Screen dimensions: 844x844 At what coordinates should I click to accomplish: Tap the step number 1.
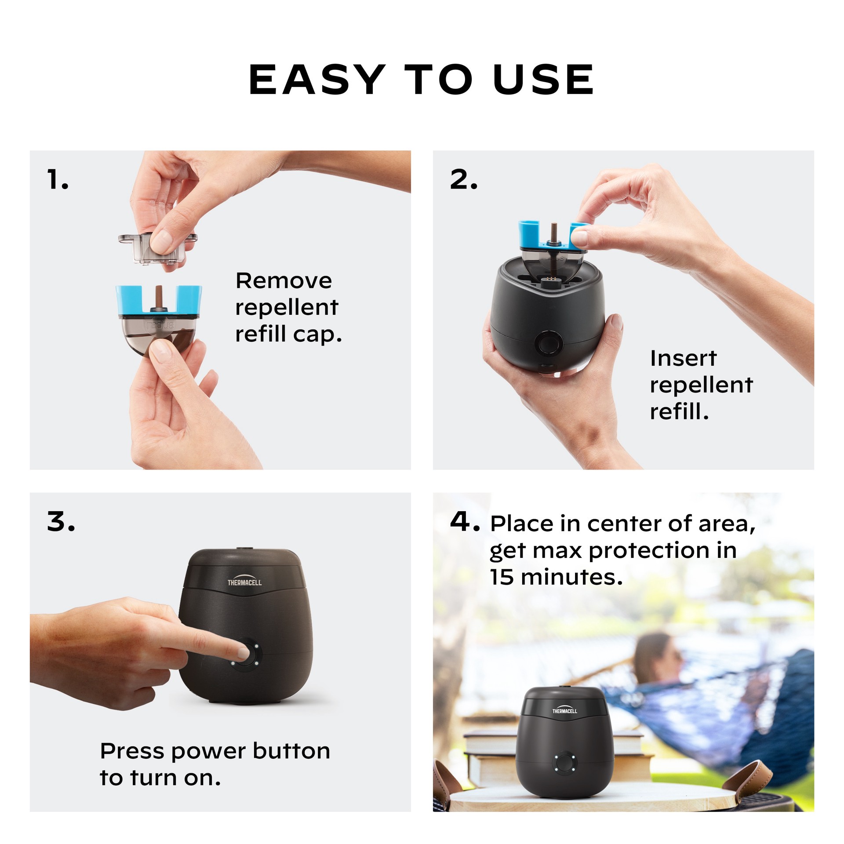[x=57, y=180]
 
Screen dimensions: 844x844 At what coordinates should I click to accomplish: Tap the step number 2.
[x=463, y=180]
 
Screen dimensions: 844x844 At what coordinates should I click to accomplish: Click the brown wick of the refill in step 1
[x=159, y=298]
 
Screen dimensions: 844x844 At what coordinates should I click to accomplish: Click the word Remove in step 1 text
[x=284, y=281]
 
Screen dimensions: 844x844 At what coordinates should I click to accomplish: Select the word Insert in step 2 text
[x=683, y=358]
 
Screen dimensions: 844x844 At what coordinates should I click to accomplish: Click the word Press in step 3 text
[x=132, y=751]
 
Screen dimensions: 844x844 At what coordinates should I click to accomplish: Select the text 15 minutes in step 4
[x=556, y=578]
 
